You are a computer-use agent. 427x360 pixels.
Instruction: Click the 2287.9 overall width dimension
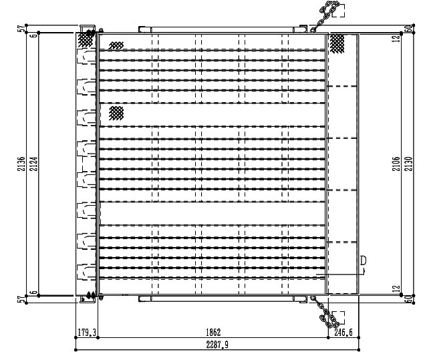pos(217,345)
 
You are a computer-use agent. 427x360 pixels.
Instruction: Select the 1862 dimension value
pos(213,332)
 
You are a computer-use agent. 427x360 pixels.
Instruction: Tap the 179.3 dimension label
pos(87,332)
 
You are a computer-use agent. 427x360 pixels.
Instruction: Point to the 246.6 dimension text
pos(343,332)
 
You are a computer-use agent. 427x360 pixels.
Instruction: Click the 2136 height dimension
pos(21,164)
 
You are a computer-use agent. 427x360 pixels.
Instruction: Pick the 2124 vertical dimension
pos(33,164)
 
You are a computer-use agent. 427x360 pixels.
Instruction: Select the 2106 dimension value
pos(396,164)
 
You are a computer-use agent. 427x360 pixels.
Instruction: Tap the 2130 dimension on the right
pos(408,164)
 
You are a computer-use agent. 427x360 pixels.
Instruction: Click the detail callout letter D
pos(364,260)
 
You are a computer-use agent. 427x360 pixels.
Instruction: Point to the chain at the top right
pos(325,16)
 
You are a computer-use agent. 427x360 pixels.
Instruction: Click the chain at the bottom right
pos(325,312)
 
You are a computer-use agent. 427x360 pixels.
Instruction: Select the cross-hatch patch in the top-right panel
pos(337,43)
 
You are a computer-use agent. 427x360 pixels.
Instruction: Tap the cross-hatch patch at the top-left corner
pos(86,39)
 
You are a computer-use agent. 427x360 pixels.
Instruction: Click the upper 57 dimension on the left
pos(21,28)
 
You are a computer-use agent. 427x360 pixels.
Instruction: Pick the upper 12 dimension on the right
pos(396,38)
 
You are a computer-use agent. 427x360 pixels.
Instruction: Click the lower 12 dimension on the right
pos(396,289)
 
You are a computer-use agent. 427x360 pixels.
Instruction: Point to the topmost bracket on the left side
pos(86,57)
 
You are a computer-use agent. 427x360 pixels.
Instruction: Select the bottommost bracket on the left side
pos(86,272)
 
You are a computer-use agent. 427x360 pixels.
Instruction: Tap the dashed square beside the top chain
pos(339,11)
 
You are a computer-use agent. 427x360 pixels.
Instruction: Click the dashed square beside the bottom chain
pos(339,318)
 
